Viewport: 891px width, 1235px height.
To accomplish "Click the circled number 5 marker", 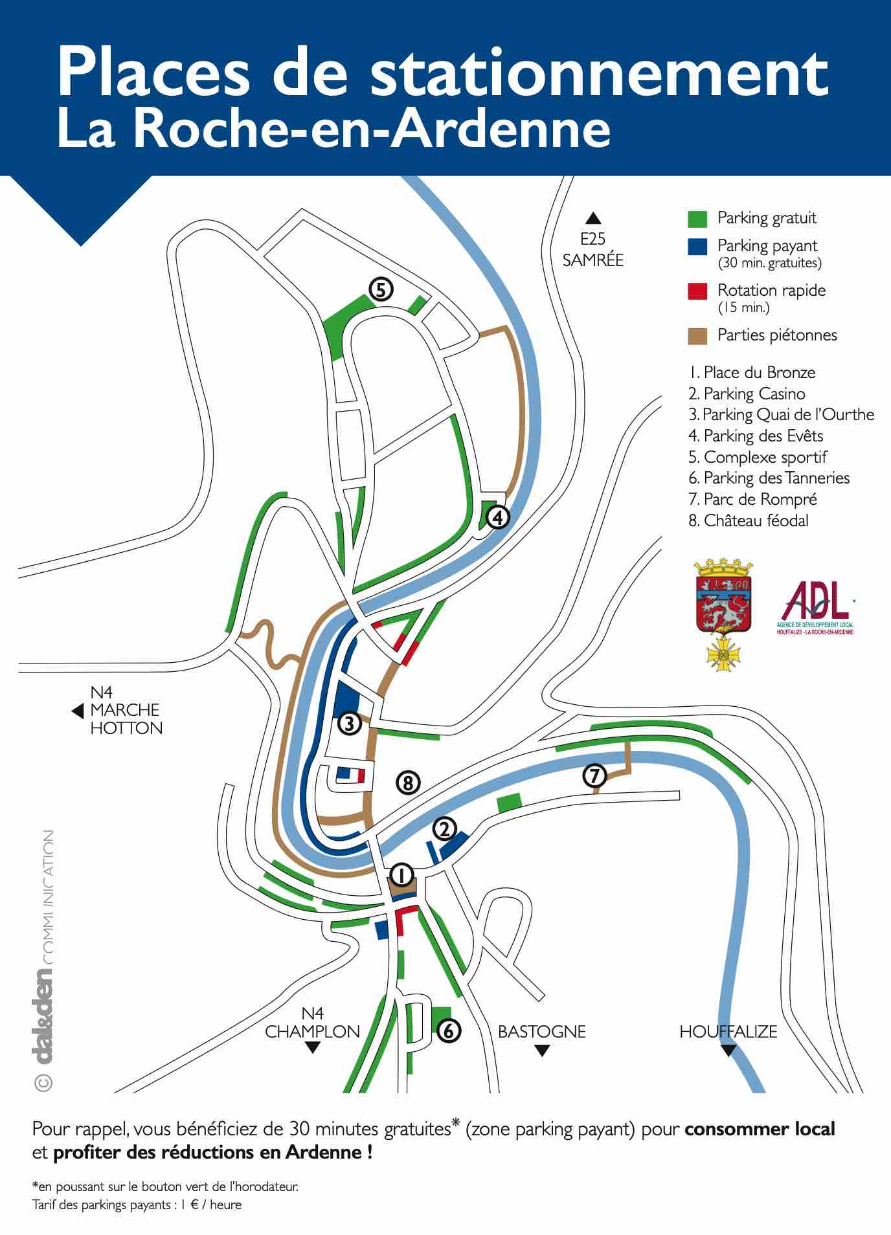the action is click(381, 290).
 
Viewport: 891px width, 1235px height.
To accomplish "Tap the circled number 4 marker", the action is click(498, 517).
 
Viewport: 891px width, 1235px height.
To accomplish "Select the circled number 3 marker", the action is click(350, 723).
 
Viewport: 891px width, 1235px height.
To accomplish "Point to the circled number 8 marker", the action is click(408, 783).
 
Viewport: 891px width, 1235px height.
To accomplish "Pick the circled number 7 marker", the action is click(595, 775).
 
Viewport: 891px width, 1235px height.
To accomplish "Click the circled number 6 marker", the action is click(449, 1030).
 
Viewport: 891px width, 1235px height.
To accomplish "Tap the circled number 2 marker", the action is click(445, 829).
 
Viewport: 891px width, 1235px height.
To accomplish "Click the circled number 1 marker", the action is click(401, 876).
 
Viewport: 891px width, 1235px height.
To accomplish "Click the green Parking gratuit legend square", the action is click(697, 219).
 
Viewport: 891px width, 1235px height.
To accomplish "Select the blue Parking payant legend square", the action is click(697, 247).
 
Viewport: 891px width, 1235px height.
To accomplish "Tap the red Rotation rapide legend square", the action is click(697, 291).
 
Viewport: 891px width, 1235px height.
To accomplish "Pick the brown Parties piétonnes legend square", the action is click(697, 336).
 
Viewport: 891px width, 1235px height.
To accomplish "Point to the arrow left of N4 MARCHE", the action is click(78, 711).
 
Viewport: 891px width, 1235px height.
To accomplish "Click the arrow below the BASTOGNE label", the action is click(542, 1051).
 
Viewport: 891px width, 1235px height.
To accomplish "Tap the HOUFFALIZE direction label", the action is click(728, 1031).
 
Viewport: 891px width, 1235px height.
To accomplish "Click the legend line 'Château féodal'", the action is click(749, 520).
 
